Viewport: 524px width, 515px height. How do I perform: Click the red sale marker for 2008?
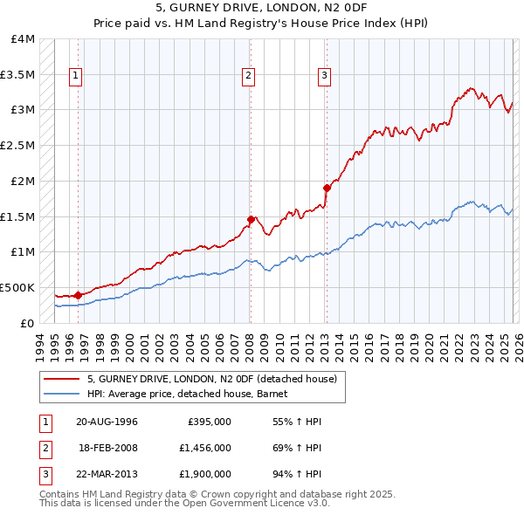point(251,220)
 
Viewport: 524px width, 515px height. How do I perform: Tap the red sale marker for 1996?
point(79,295)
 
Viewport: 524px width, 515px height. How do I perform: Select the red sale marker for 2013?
point(327,188)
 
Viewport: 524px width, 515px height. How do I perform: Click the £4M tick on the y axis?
point(24,39)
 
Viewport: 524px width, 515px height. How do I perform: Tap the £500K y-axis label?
point(17,287)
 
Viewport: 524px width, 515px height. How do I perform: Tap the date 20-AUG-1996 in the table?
point(107,421)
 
